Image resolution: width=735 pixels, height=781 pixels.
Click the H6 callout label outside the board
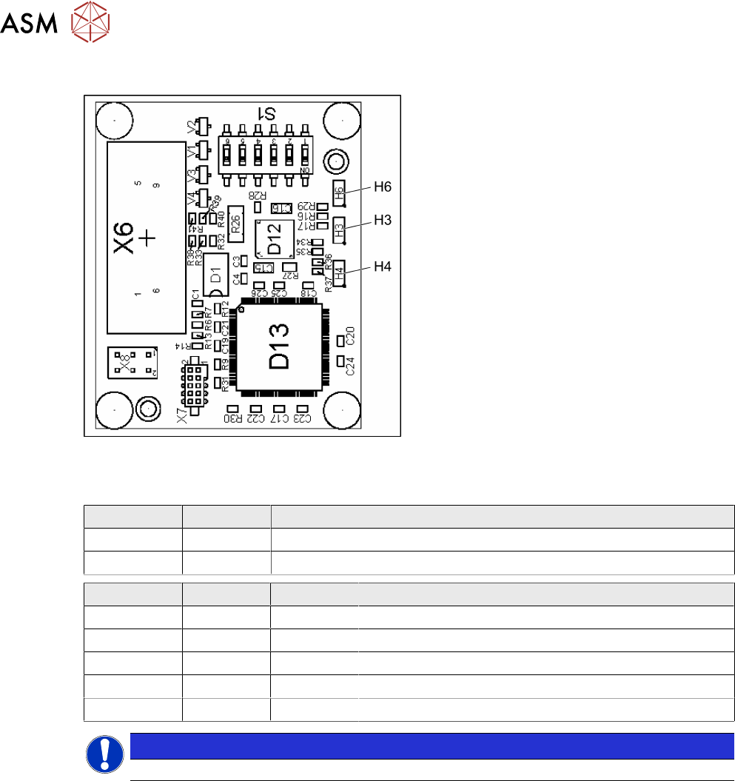(x=382, y=188)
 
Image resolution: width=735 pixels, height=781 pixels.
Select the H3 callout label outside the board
(x=382, y=220)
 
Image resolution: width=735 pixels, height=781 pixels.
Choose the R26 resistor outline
(x=236, y=221)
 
